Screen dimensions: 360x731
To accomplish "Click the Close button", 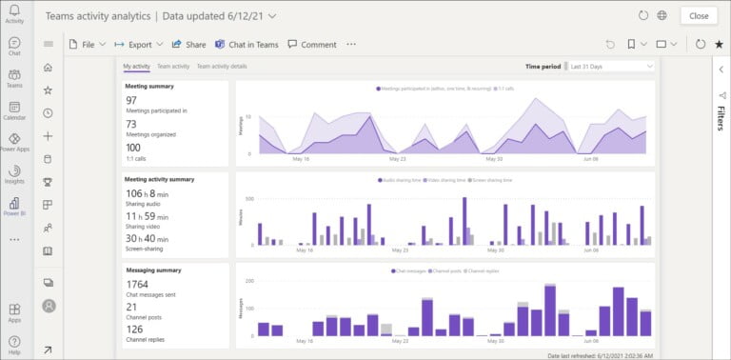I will coord(699,15).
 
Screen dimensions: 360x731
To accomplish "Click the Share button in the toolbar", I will coord(189,44).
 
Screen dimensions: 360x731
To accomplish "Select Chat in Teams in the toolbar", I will coord(247,44).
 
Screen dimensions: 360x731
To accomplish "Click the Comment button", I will coord(312,44).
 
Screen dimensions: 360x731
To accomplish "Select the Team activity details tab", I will coord(221,67).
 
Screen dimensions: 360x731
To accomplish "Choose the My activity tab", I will coord(136,67).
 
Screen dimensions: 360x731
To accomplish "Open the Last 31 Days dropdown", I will coord(610,67).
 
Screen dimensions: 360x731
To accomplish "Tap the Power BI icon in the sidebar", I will coord(14,204).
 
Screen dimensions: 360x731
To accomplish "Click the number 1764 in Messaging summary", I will coord(137,284).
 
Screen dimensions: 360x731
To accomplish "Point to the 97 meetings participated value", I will coord(131,100).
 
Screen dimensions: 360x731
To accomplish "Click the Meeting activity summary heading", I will coord(160,179).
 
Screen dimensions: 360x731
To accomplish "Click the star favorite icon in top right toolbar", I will coord(718,44).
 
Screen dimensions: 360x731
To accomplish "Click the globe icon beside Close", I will coord(662,15).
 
